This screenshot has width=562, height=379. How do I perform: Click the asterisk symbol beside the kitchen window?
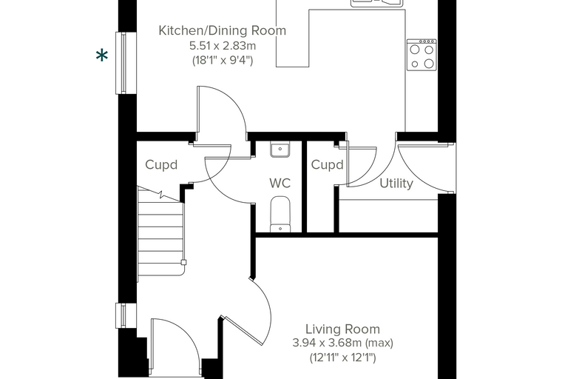102,56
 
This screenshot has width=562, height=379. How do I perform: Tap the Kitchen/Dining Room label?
223,30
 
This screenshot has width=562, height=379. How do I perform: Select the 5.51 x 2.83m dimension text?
223,46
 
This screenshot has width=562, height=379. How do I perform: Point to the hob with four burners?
421,55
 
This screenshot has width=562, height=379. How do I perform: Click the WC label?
280,183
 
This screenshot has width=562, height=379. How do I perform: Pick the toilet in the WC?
280,214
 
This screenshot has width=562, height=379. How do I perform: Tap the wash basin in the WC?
280,150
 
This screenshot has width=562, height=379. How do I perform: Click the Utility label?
396,184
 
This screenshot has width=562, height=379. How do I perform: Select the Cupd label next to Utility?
328,165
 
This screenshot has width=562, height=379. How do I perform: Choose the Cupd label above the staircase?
161,165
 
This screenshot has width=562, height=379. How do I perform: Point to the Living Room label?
342,329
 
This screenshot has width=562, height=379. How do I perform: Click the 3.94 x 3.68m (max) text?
342,343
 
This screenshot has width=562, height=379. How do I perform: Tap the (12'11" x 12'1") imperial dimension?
342,358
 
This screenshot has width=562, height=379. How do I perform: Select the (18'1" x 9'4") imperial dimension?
223,60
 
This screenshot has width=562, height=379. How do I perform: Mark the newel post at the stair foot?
184,262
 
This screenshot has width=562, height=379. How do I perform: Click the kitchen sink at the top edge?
377,3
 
